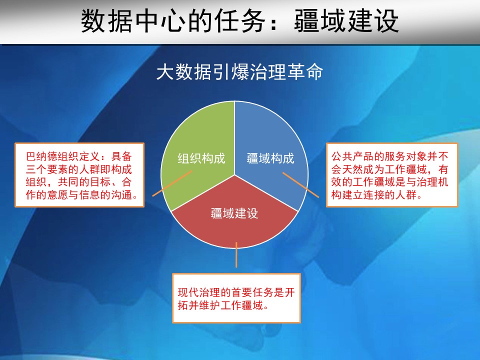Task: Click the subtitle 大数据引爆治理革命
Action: pyautogui.click(x=239, y=72)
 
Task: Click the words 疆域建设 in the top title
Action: pyautogui.click(x=346, y=21)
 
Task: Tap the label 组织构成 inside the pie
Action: pyautogui.click(x=201, y=158)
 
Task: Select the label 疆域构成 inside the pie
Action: pyautogui.click(x=270, y=158)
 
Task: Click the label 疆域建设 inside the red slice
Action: pyautogui.click(x=234, y=213)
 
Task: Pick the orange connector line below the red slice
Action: pyautogui.click(x=236, y=254)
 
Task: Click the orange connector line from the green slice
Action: pyautogui.click(x=172, y=183)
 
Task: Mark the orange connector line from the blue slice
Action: pyautogui.click(x=300, y=185)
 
